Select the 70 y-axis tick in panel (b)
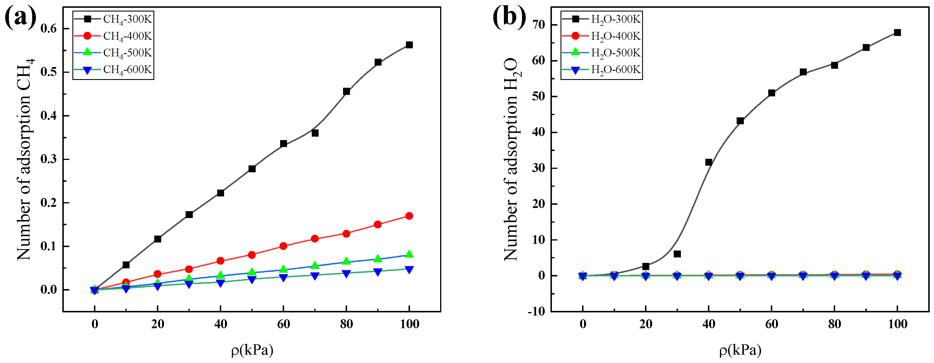point(539,25)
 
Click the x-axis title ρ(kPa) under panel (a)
point(252,350)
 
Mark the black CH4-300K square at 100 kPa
point(409,45)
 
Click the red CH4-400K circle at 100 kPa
point(409,216)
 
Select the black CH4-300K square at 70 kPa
point(315,133)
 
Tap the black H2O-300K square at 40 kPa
point(708,162)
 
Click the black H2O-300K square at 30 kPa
point(677,254)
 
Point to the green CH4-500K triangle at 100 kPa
point(409,254)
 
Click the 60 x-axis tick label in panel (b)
point(772,324)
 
